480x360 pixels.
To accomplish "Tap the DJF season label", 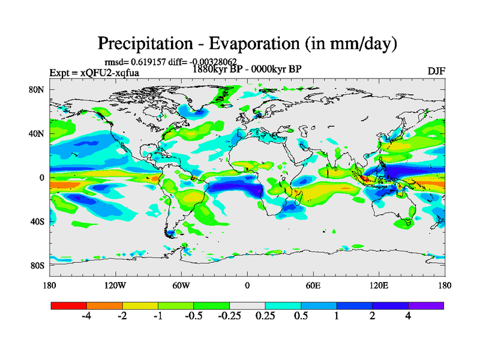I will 436,71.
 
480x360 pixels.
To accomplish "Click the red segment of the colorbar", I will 69,305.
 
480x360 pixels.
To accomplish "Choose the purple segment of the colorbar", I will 426,305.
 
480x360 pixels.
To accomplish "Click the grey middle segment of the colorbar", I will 247,305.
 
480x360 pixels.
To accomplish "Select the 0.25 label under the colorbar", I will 265,316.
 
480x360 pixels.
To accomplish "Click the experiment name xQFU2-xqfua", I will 110,73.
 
